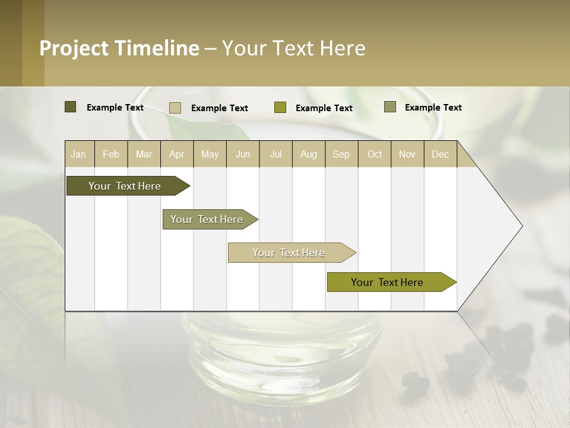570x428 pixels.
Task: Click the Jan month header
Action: tap(78, 154)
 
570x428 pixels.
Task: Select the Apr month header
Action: tap(176, 154)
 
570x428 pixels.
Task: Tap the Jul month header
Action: tap(275, 154)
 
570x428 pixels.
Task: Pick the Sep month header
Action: tap(341, 154)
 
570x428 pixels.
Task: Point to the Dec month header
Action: tap(440, 154)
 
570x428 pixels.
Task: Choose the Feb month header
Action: tap(111, 154)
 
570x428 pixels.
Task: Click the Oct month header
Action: tap(375, 154)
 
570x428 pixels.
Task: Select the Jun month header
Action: tap(243, 154)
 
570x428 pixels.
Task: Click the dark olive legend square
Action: tap(71, 107)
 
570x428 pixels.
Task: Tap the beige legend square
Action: tap(175, 108)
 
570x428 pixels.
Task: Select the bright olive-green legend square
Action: tap(280, 108)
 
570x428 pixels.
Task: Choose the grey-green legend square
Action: tap(390, 107)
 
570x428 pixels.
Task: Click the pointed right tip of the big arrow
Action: tap(521, 226)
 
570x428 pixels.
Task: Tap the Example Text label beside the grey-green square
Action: tap(433, 107)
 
